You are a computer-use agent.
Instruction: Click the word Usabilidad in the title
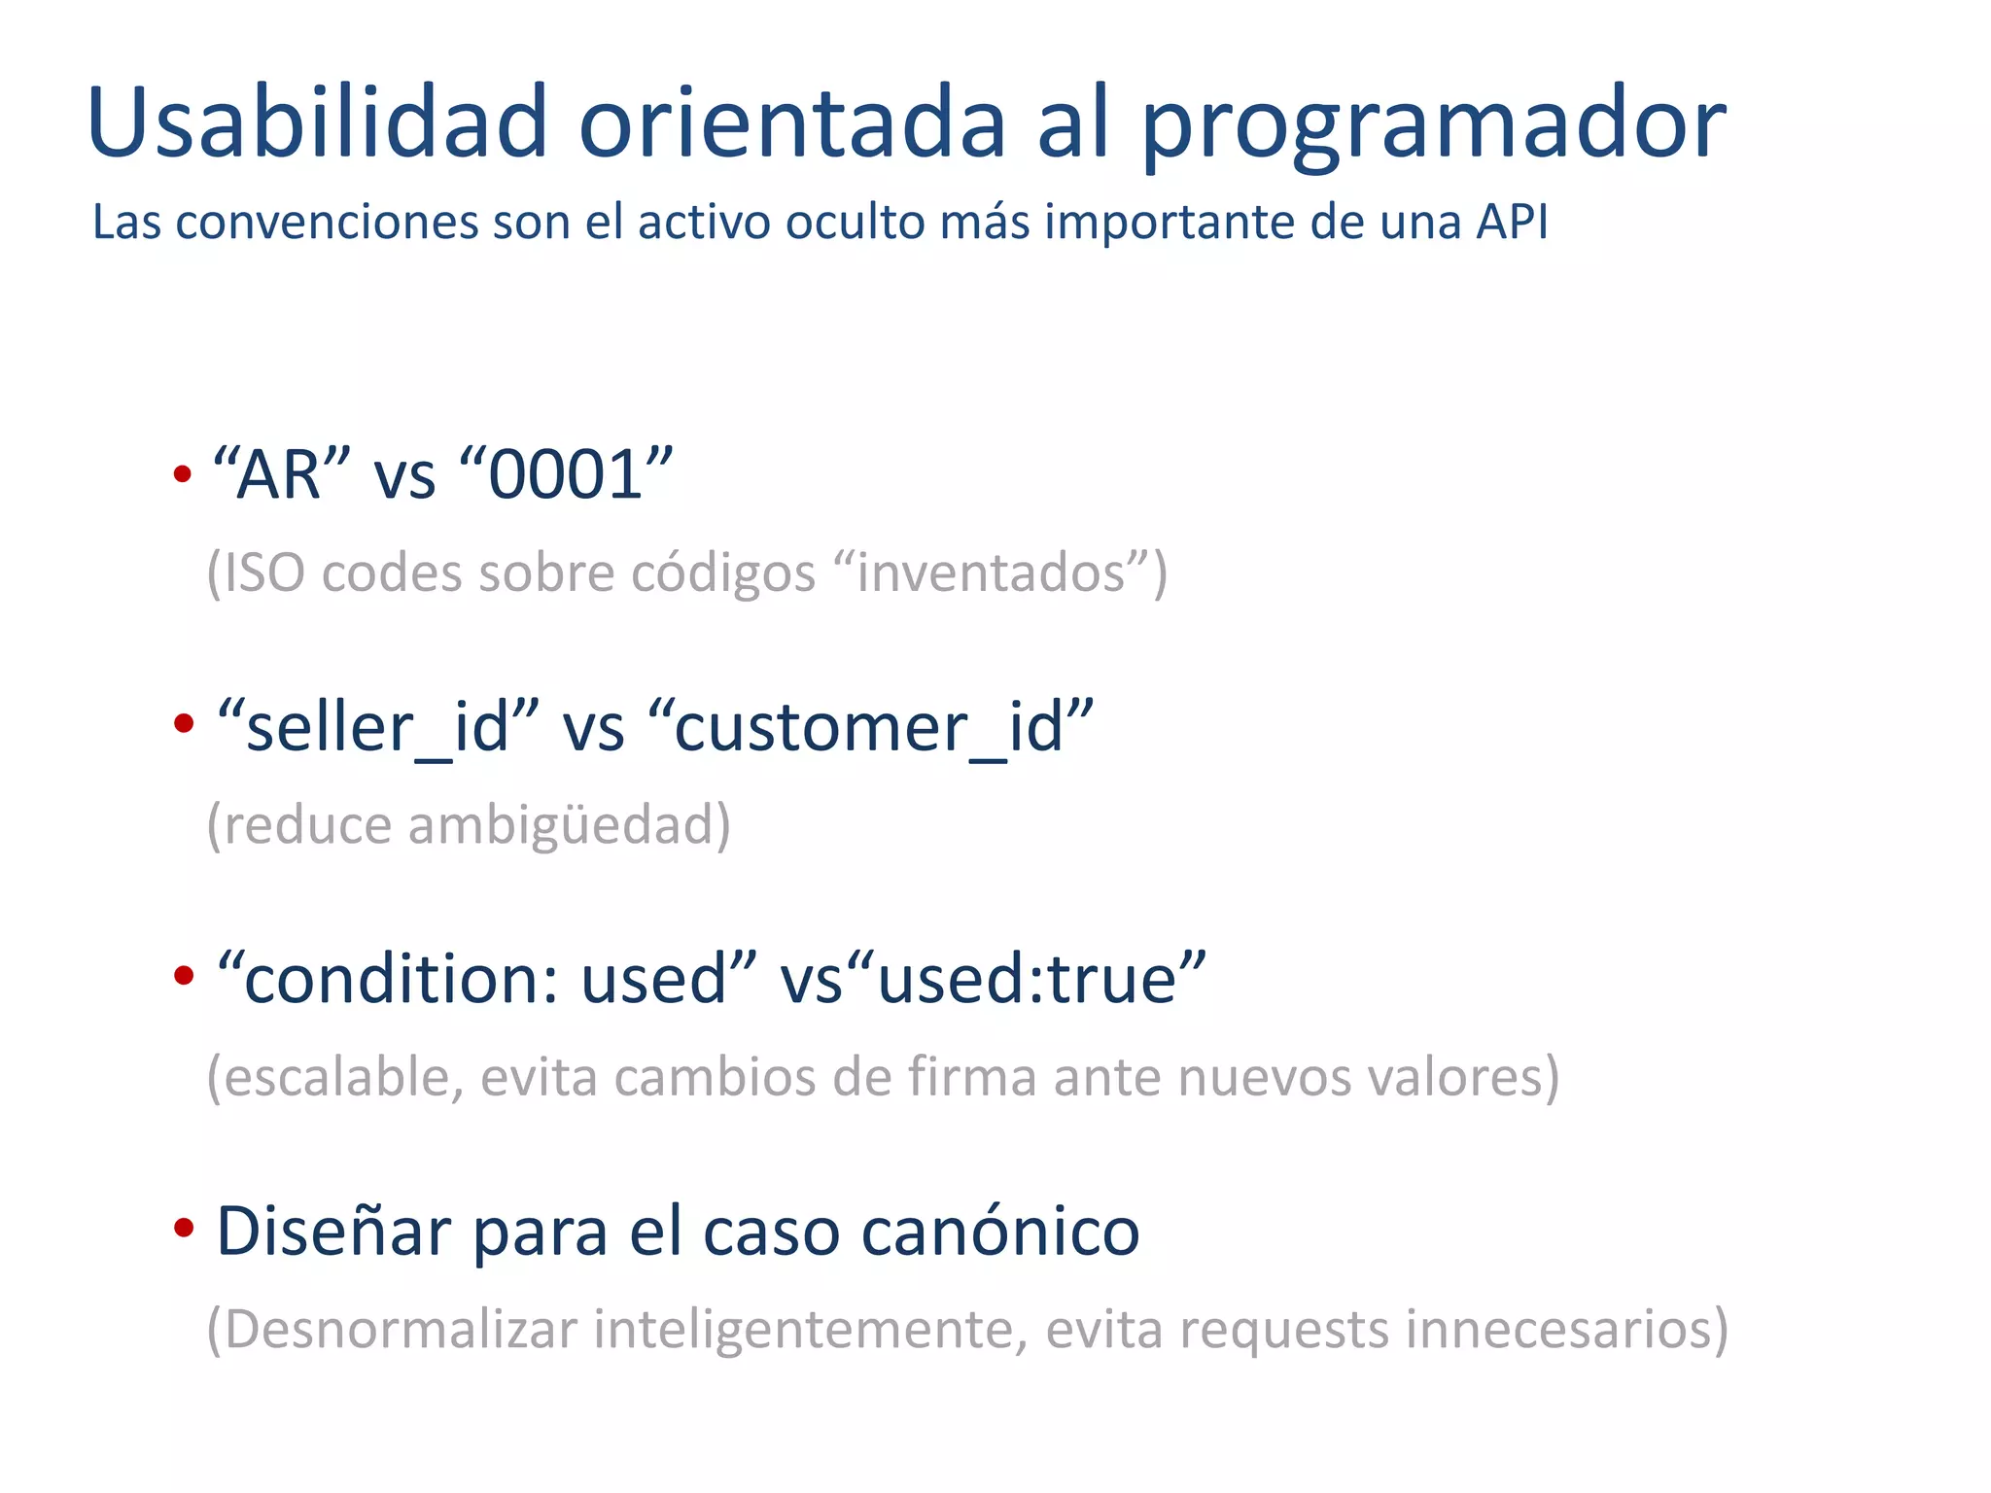click(x=317, y=123)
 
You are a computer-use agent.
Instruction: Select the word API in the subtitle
click(x=1512, y=222)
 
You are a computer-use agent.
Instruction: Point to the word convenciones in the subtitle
click(x=328, y=223)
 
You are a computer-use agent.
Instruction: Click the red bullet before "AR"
click(x=182, y=474)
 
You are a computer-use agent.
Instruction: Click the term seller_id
click(x=377, y=728)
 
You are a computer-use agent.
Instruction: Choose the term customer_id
click(x=869, y=728)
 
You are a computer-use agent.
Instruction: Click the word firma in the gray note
click(x=971, y=1077)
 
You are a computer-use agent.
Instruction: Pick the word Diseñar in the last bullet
click(x=333, y=1232)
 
